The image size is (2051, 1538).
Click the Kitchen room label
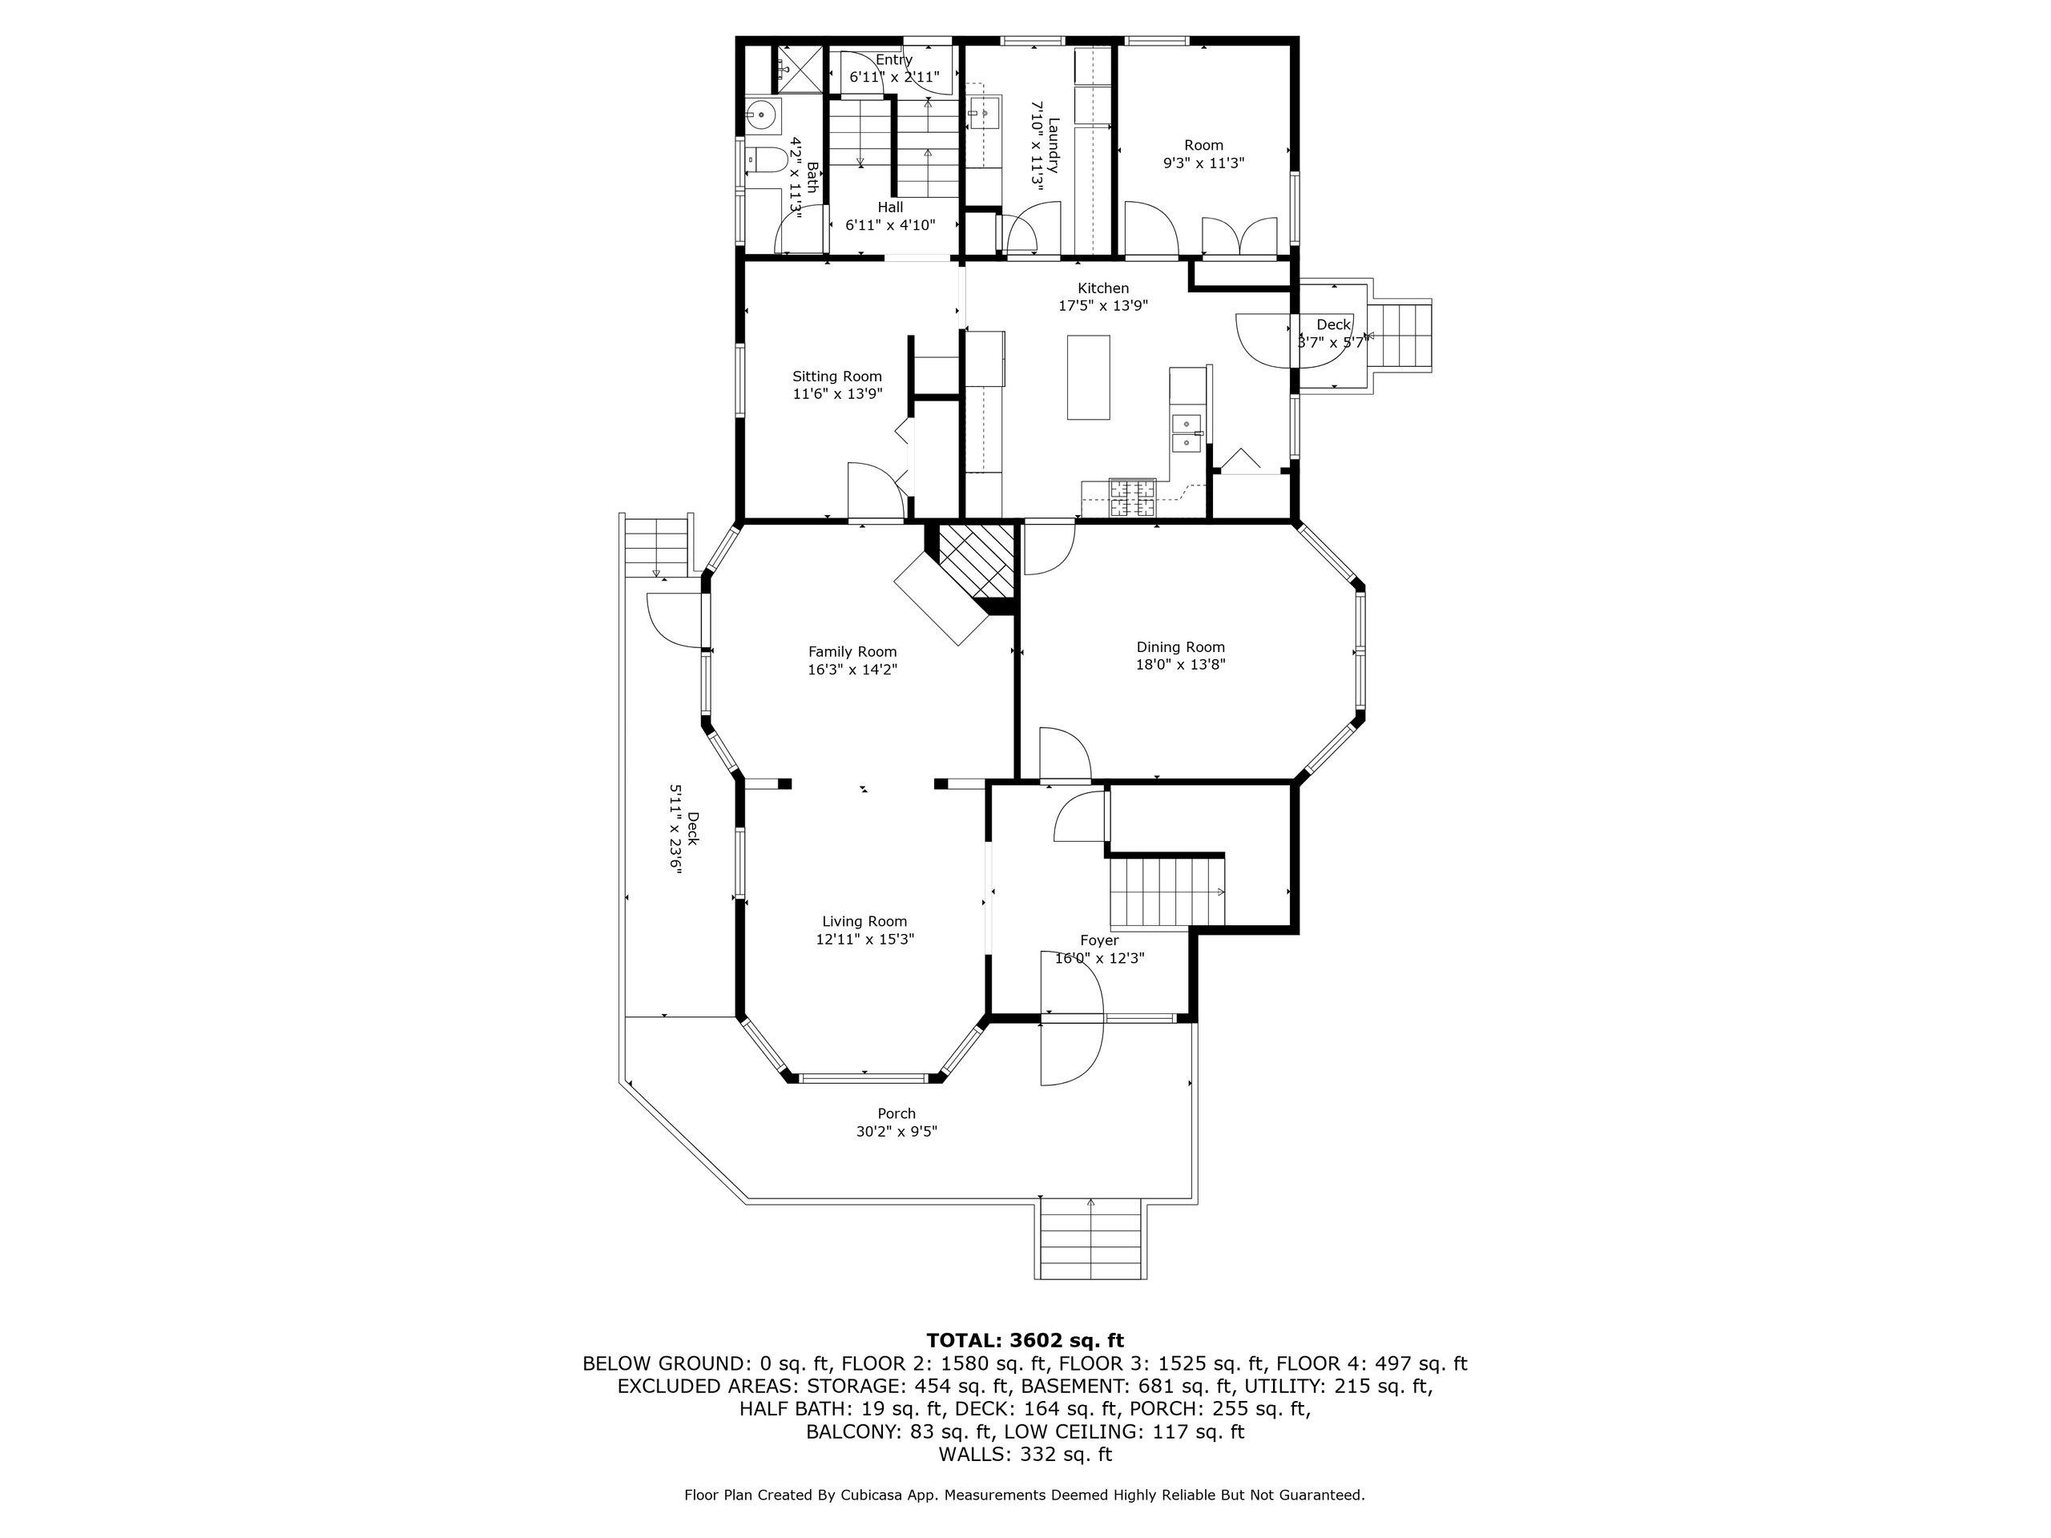[x=1102, y=288]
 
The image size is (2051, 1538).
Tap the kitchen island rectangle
[x=1088, y=377]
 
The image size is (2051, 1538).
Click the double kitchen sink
[x=1186, y=433]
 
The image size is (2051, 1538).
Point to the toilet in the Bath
[x=764, y=161]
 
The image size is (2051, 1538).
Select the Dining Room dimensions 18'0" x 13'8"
[x=1180, y=664]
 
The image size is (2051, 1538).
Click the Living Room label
[x=864, y=920]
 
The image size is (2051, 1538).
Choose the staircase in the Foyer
[x=1167, y=892]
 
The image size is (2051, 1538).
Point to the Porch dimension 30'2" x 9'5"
[x=897, y=1131]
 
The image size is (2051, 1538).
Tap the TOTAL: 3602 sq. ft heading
[x=1025, y=1339]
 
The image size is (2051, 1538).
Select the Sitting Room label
[x=836, y=376]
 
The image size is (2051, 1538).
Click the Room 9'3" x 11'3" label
[x=1203, y=153]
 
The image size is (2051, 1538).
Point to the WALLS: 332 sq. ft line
[x=1025, y=1454]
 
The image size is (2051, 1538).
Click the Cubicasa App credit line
[x=1025, y=1495]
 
